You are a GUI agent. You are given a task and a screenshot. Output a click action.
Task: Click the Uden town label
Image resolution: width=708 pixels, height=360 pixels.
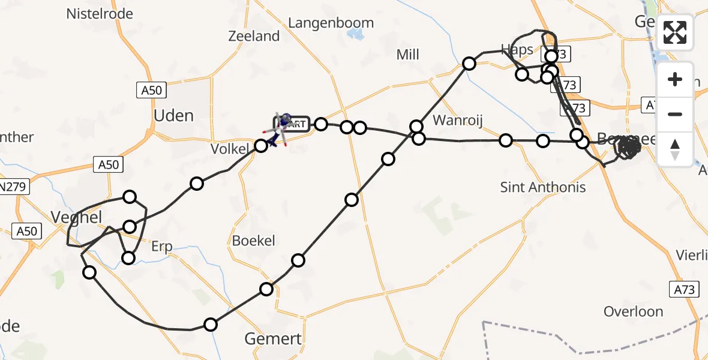[x=174, y=115]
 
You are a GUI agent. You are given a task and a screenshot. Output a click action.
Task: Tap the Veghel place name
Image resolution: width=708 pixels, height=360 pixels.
[x=77, y=217]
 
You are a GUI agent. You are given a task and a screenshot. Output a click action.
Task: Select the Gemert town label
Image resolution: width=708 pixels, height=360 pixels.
[x=273, y=339]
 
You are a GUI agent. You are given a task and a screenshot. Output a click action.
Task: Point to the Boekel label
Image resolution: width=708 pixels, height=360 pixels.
[x=254, y=241]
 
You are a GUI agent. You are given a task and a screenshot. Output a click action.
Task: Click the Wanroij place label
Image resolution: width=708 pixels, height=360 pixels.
[x=458, y=119]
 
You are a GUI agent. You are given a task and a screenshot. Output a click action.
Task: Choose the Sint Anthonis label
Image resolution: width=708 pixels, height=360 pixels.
[x=543, y=188]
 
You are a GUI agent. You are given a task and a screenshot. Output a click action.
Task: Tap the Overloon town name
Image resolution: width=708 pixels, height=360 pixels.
[x=633, y=311]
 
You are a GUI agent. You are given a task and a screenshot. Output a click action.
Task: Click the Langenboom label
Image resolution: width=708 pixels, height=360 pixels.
[x=331, y=23]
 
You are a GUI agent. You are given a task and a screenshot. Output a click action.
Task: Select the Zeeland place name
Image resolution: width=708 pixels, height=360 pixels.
[x=254, y=36]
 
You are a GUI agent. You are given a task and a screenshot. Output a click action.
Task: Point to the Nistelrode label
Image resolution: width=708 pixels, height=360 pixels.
[x=100, y=13]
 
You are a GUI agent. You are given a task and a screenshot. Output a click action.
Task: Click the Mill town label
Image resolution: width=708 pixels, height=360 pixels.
[x=407, y=55]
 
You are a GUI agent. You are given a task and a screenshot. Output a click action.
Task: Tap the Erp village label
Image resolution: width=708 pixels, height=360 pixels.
[x=161, y=247]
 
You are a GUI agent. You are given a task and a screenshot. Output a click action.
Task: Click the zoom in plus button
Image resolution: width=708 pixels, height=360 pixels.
[x=676, y=79]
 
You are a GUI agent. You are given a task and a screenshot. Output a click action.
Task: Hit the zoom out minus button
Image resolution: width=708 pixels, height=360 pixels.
[x=676, y=114]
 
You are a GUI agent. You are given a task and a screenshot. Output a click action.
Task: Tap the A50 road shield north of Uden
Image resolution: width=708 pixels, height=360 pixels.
[x=152, y=91]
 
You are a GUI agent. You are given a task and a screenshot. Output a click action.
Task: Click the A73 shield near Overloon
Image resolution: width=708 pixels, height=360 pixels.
[x=684, y=290]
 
